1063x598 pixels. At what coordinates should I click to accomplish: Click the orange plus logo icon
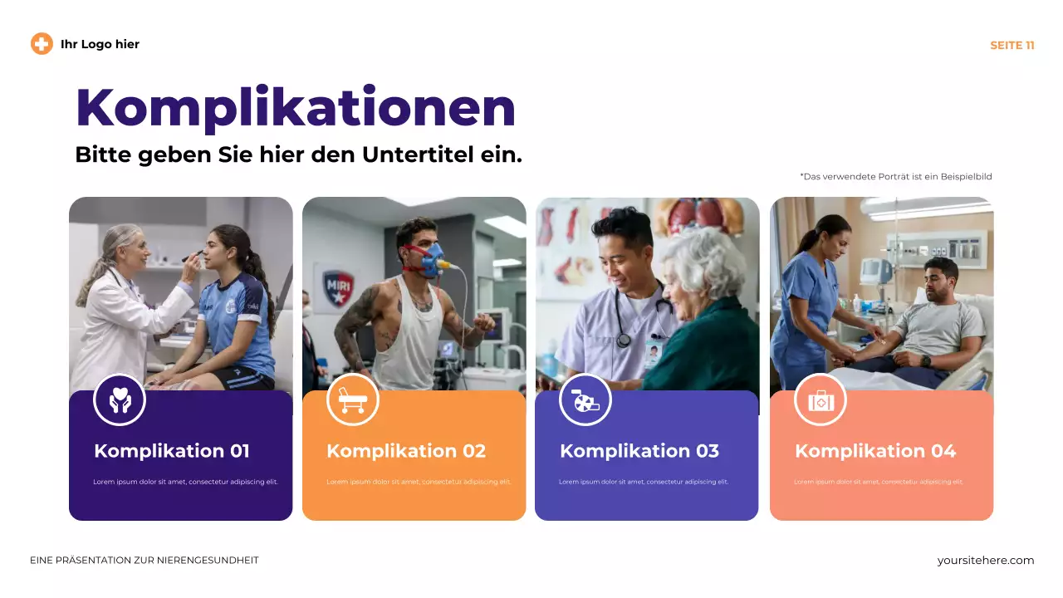pyautogui.click(x=42, y=44)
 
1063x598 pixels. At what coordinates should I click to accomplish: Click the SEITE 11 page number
pyautogui.click(x=1012, y=46)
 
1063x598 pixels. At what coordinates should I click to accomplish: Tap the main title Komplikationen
pyautogui.click(x=295, y=107)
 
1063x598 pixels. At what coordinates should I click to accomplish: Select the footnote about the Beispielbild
pyautogui.click(x=895, y=177)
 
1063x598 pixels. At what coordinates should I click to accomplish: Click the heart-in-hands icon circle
pyautogui.click(x=120, y=400)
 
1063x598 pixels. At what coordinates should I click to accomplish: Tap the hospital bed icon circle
pyautogui.click(x=353, y=400)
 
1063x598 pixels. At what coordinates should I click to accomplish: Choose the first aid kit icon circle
pyautogui.click(x=821, y=400)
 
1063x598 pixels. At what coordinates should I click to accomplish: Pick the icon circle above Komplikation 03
pyautogui.click(x=585, y=400)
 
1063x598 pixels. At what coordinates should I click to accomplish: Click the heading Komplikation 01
pyautogui.click(x=172, y=451)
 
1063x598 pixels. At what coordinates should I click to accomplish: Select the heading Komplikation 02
pyautogui.click(x=406, y=451)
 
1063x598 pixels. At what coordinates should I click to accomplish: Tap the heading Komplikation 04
pyautogui.click(x=874, y=451)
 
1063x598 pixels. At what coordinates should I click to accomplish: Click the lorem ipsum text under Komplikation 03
pyautogui.click(x=644, y=482)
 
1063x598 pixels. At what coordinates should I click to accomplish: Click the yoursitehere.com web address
pyautogui.click(x=985, y=561)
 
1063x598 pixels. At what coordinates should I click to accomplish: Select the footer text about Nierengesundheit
pyautogui.click(x=145, y=561)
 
